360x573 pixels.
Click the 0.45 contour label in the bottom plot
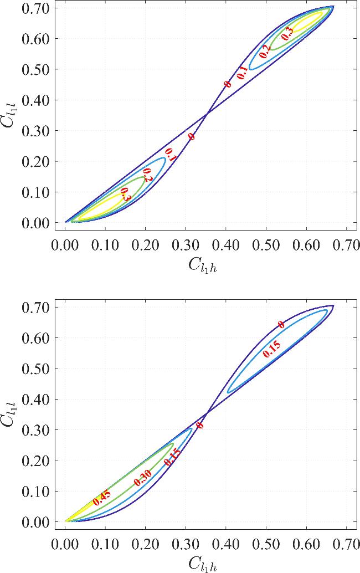[101, 498]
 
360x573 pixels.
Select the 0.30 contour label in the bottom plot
[143, 477]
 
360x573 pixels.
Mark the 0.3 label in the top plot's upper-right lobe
[287, 34]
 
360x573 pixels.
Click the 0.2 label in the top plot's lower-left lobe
[147, 175]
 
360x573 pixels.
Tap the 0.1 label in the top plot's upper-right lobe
[242, 73]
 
